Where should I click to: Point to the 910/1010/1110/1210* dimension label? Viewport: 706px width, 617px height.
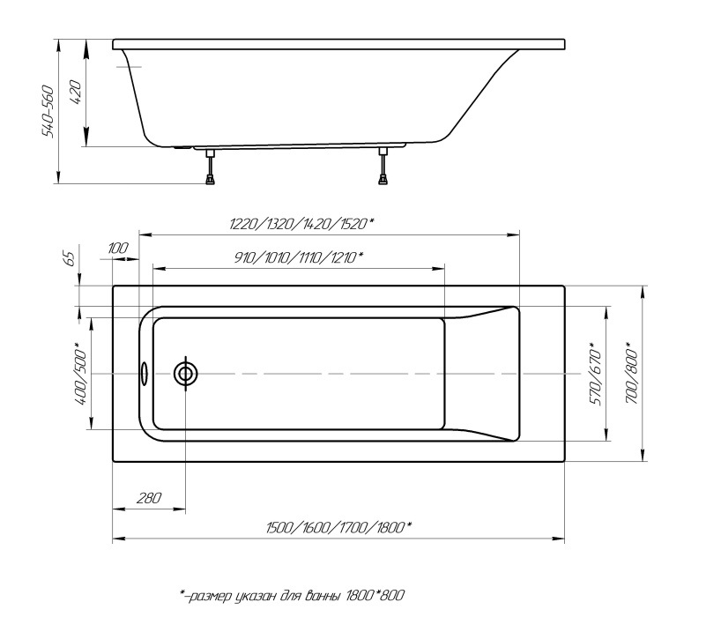pos(299,256)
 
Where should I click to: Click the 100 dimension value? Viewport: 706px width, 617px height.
pos(117,249)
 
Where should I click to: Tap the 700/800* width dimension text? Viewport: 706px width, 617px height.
pos(630,373)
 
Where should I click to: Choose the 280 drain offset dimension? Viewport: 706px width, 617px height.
pos(150,499)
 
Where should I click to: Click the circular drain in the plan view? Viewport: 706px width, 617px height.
pos(186,374)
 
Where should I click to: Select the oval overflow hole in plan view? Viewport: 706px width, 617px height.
pos(145,374)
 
